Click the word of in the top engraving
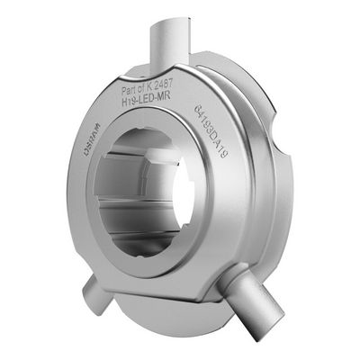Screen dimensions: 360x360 143,90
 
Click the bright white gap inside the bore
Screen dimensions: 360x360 180,193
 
